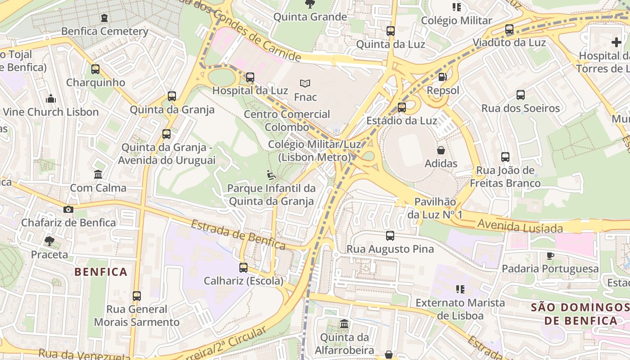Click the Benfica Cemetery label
104,31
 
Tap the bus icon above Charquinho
95,69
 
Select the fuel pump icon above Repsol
443,77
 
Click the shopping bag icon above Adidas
441,150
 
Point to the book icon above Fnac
305,83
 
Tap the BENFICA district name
101,272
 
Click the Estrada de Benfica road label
238,234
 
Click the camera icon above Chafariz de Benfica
68,209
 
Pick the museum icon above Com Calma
98,174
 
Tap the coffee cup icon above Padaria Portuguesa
550,256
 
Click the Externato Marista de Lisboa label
460,309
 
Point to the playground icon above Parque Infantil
271,175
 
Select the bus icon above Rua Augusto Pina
390,235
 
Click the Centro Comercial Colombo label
287,121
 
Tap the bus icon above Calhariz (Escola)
243,268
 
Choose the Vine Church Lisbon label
50,112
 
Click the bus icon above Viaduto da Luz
509,29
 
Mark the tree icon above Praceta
49,241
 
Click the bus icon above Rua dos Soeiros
521,95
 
